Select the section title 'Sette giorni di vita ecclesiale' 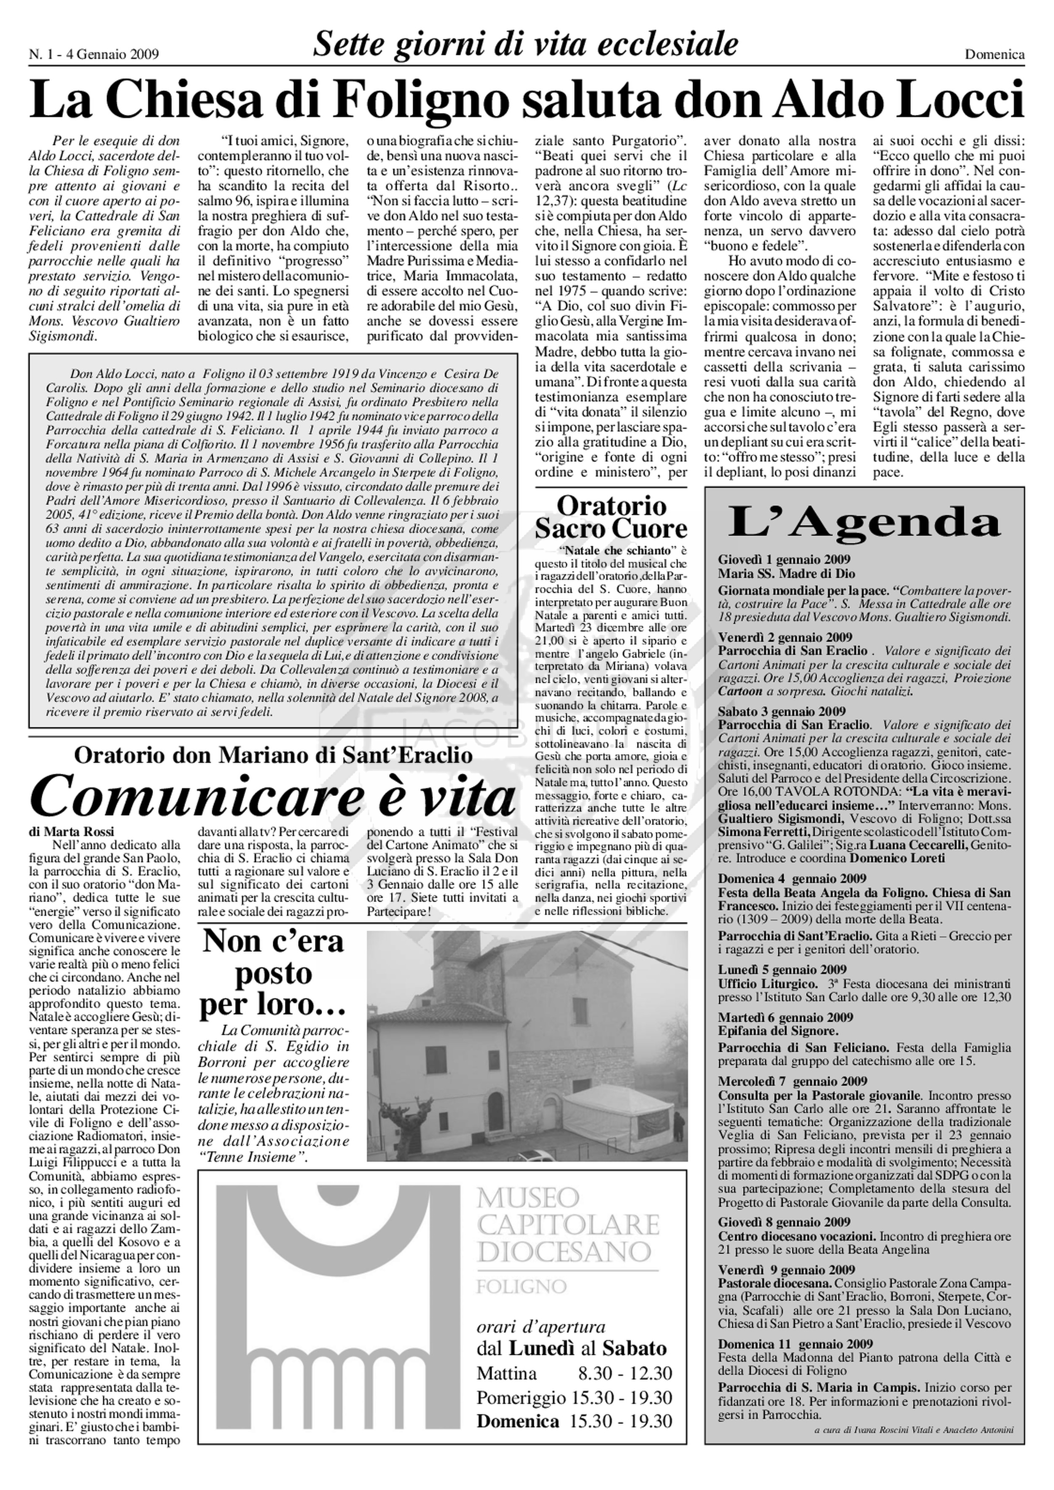(x=526, y=44)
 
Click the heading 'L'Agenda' (x=864, y=522)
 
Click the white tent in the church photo (x=620, y=1106)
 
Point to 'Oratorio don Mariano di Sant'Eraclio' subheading (x=273, y=755)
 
